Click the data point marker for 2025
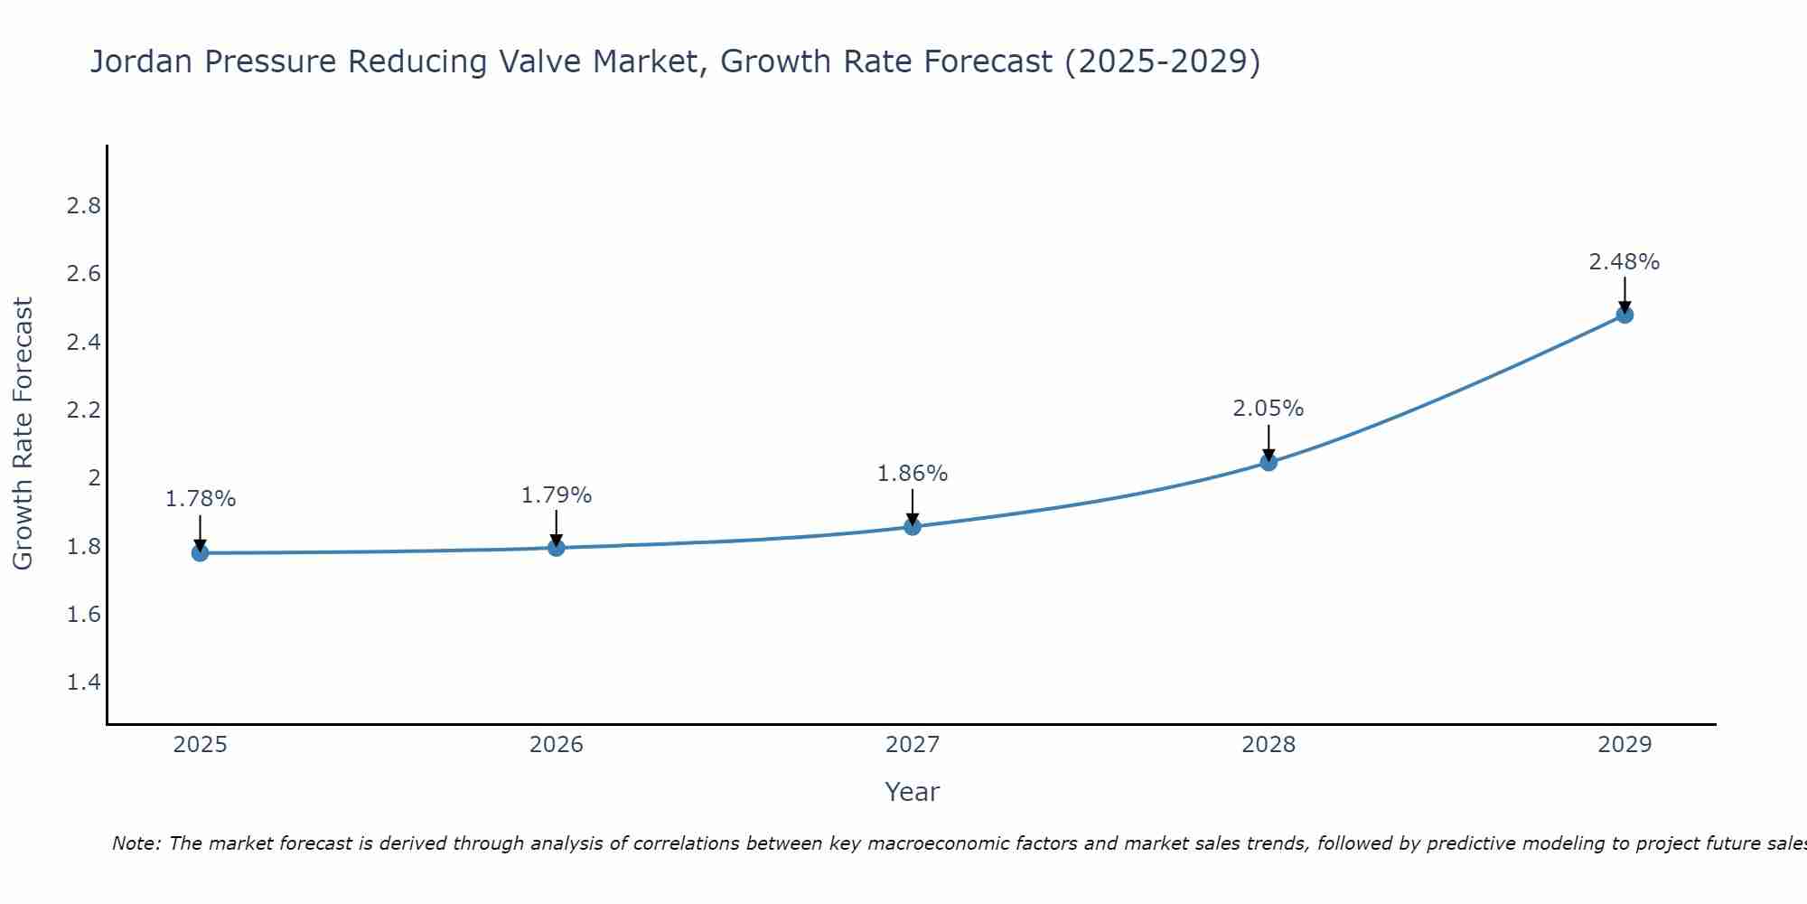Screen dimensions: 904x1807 pos(200,552)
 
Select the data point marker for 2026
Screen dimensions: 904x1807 pos(556,547)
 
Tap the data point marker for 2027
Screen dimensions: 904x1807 pos(913,526)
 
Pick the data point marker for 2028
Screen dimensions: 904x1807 pos(1269,462)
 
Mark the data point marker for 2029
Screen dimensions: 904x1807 pos(1624,315)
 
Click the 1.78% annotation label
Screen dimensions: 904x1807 pos(201,499)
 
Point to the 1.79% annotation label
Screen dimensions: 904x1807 pos(557,495)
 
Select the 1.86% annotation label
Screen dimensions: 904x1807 pos(913,474)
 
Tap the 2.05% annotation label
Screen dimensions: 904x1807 pos(1269,409)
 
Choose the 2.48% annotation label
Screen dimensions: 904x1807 pos(1624,262)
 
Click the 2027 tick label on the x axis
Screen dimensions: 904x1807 pos(913,745)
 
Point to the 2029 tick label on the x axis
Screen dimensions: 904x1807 pos(1624,745)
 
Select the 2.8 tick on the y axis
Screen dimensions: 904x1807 pos(84,206)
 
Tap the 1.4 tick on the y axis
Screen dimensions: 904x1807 pos(84,683)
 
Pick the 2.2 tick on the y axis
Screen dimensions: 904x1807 pos(84,410)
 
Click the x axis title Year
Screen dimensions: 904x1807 pos(913,792)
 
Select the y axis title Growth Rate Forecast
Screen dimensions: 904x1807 pos(23,434)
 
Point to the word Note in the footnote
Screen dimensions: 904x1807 pos(136,843)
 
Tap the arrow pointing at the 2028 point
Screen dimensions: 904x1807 pos(1269,443)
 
